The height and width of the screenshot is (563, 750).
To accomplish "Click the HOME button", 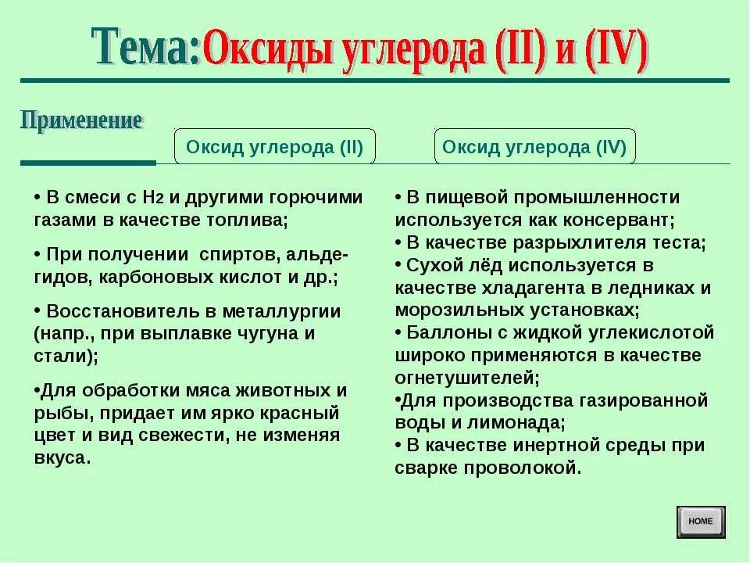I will pyautogui.click(x=701, y=522).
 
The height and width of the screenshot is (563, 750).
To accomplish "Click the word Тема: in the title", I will pyautogui.click(x=146, y=48).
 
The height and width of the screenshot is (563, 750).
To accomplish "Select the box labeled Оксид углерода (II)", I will pyautogui.click(x=275, y=147).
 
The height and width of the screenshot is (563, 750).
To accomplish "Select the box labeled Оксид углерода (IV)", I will pyautogui.click(x=534, y=147).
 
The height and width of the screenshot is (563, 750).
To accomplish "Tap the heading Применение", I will pyautogui.click(x=82, y=121).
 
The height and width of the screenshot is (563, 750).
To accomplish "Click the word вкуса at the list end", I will pyautogui.click(x=61, y=458).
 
